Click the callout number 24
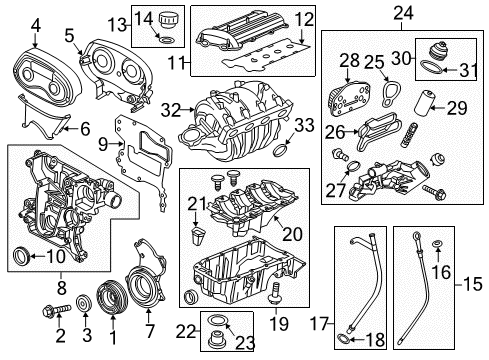(x=405, y=13)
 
